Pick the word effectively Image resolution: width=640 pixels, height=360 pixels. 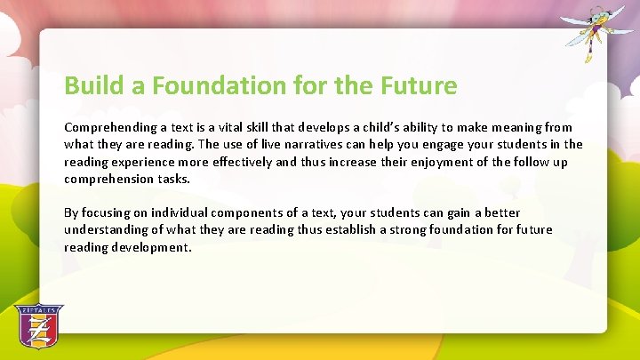coord(253,163)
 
